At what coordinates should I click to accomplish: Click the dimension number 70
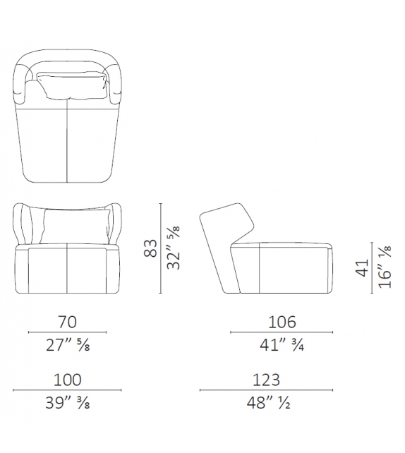[67, 322]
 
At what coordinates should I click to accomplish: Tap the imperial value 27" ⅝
[68, 345]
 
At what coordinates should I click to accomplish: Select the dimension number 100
[67, 380]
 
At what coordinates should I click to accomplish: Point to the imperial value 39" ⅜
[68, 403]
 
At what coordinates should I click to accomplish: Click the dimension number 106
[282, 322]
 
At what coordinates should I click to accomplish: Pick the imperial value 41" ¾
[282, 345]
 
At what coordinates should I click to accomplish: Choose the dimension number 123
[266, 380]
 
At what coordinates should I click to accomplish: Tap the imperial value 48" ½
[268, 403]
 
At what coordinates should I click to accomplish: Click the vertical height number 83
[150, 248]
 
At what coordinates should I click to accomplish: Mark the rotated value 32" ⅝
[174, 248]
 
